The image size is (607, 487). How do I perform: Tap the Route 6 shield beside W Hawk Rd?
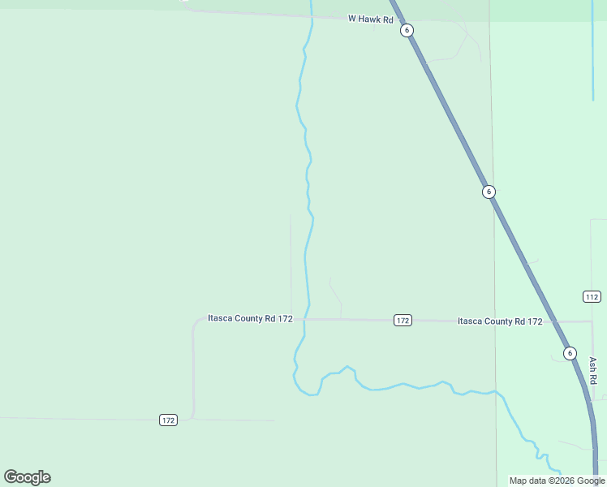click(407, 30)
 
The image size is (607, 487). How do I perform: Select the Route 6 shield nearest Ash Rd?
click(570, 353)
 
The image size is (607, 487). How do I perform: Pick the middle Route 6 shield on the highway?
click(489, 192)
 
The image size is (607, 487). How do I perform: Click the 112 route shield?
click(592, 296)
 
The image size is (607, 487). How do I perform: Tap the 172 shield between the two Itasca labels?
click(403, 320)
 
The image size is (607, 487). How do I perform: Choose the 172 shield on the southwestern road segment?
click(168, 420)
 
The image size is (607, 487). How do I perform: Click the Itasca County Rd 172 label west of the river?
click(250, 318)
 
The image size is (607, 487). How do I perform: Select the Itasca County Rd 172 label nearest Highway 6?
click(500, 321)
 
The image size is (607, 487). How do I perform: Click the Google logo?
click(27, 477)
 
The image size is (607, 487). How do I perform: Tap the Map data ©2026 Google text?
click(557, 481)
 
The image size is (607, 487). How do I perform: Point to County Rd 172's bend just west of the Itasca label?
click(196, 324)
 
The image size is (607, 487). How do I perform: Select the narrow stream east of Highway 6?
click(593, 65)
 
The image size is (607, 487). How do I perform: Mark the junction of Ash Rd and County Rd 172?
click(592, 321)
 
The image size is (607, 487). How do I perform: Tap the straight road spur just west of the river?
click(291, 260)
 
